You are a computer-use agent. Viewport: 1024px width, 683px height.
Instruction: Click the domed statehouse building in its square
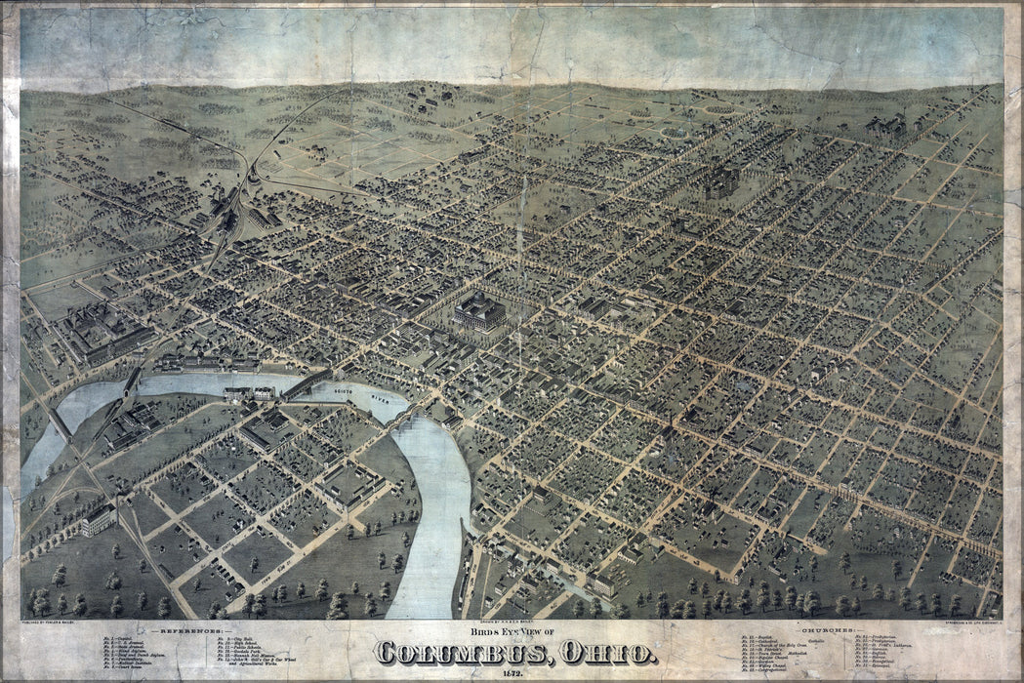tap(479, 310)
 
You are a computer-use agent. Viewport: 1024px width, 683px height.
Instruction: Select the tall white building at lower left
tap(98, 520)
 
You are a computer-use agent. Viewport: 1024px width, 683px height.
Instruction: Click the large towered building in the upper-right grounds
tap(723, 181)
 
